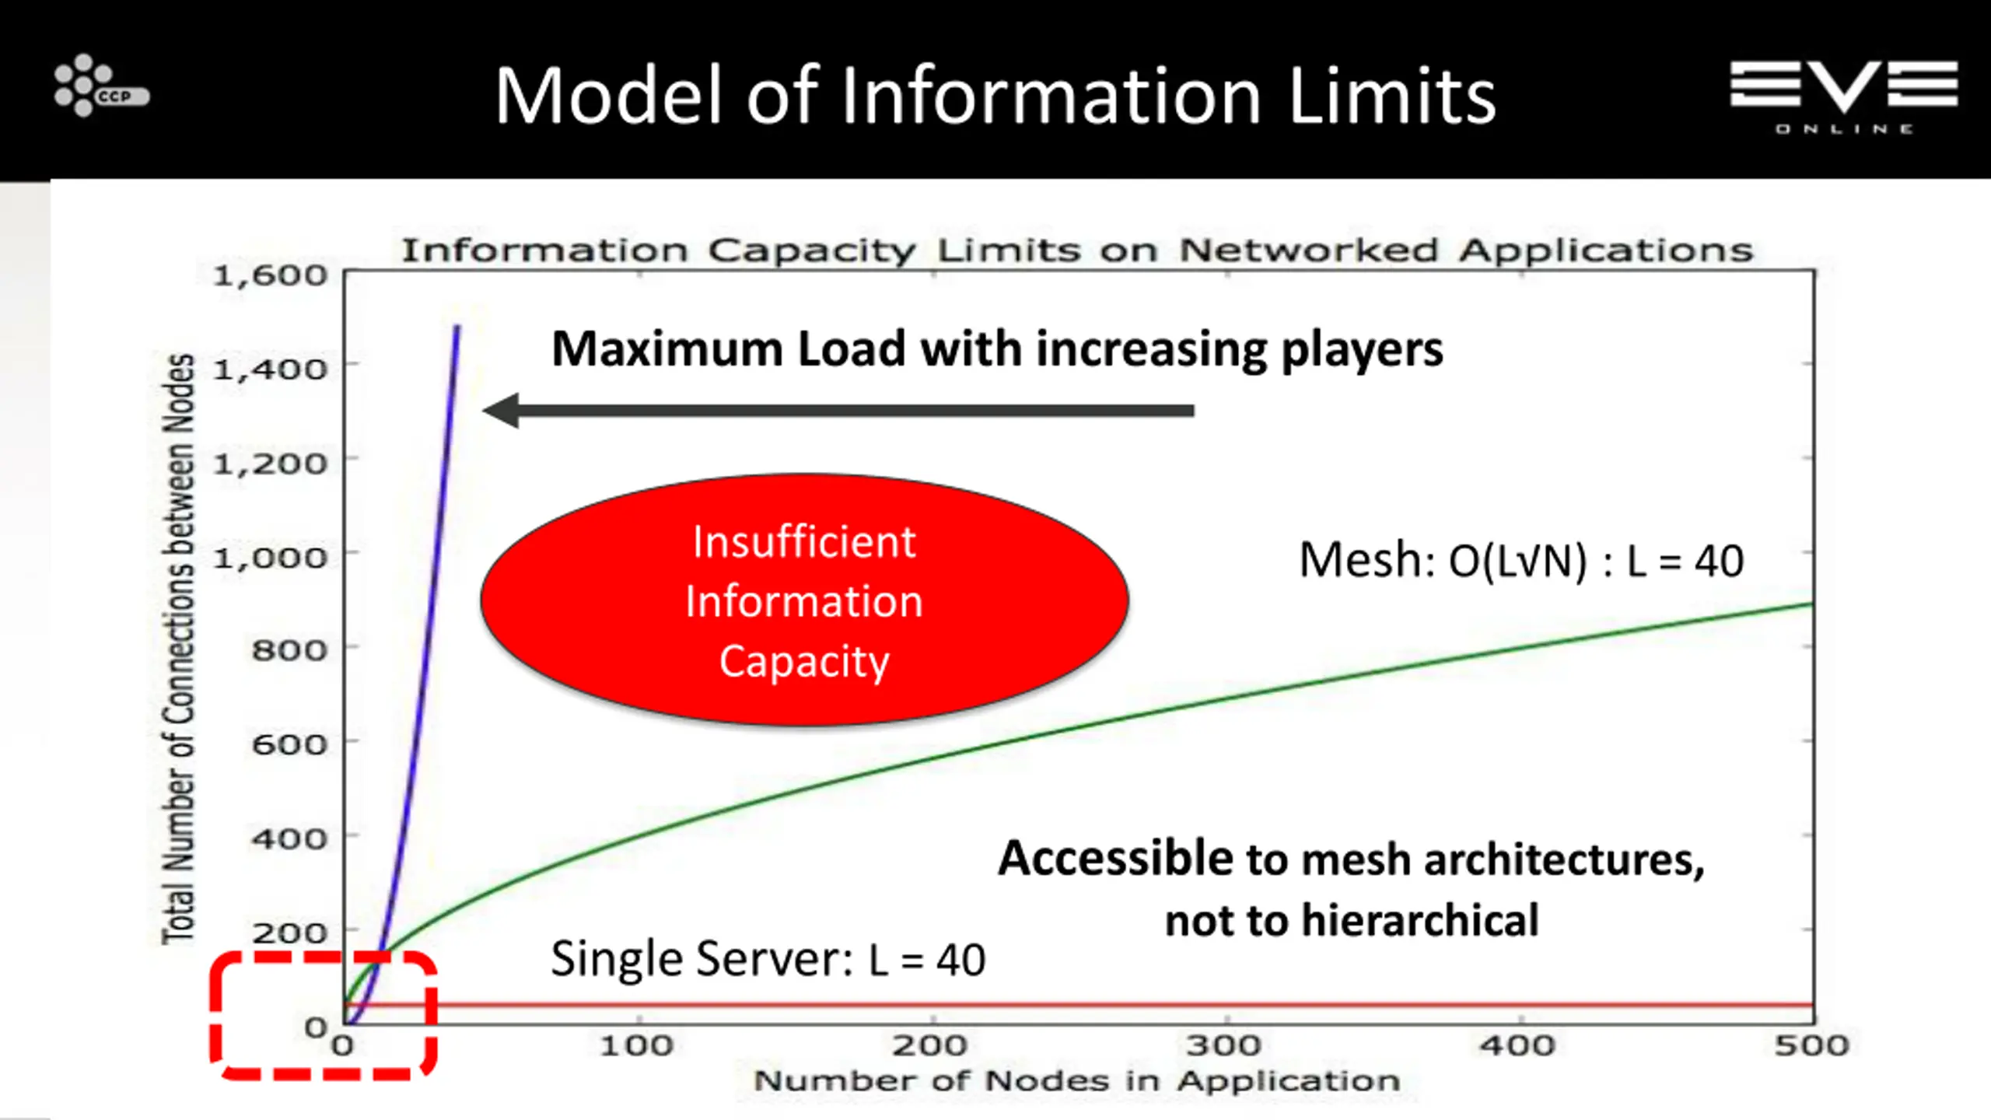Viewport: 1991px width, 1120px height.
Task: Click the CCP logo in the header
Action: [100, 86]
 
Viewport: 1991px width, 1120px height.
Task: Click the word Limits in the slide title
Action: [1391, 96]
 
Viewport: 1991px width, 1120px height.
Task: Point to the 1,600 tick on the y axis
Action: [270, 276]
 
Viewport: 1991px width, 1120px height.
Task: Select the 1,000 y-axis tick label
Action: [270, 558]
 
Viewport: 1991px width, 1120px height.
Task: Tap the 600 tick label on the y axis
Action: [289, 745]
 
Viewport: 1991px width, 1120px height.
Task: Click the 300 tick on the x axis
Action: [1223, 1045]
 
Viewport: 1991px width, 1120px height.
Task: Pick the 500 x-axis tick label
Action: [1811, 1045]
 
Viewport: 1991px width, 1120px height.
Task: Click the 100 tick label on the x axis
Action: [636, 1045]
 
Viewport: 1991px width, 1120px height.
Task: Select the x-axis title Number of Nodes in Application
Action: [1076, 1081]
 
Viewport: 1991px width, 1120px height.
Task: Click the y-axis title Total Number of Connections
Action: [178, 649]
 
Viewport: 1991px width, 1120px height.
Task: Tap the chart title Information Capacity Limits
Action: [1076, 250]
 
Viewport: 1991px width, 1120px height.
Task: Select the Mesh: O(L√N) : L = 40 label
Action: [1521, 560]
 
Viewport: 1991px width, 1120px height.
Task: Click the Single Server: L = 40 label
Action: [768, 958]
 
